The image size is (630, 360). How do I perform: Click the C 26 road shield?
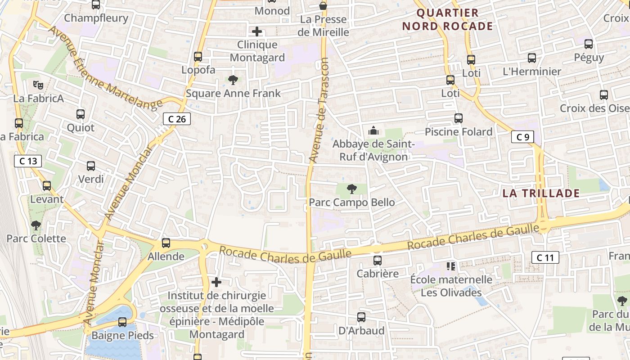177,119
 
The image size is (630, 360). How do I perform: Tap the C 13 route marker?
28,161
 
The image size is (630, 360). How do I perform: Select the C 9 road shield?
522,137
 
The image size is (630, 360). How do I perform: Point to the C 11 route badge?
545,257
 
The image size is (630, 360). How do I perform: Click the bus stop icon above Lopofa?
198,57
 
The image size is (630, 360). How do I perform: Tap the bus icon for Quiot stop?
81,114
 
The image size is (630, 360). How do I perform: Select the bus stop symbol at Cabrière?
378,261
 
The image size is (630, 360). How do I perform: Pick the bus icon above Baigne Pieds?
122,322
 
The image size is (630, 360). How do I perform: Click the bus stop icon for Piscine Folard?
459,118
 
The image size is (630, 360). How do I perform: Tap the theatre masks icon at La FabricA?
38,85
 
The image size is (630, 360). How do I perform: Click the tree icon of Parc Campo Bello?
352,189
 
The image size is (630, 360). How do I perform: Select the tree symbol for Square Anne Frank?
233,80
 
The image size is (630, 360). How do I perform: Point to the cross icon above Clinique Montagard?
257,31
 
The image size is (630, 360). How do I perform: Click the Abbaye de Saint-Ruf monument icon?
373,130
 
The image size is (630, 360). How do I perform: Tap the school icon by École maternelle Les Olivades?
451,266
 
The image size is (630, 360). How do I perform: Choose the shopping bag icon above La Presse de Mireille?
323,6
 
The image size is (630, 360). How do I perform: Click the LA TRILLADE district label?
541,193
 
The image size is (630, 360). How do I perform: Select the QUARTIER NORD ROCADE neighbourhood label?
447,19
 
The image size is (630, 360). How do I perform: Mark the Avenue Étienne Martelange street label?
104,67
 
